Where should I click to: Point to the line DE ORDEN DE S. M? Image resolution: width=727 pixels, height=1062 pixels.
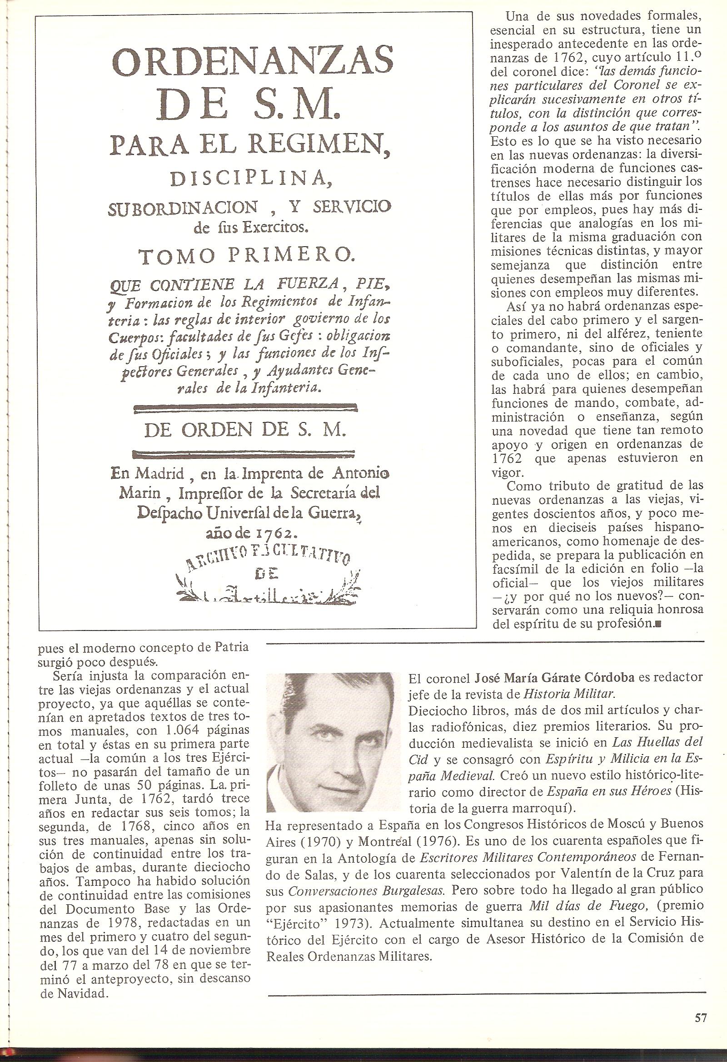coord(244,431)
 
